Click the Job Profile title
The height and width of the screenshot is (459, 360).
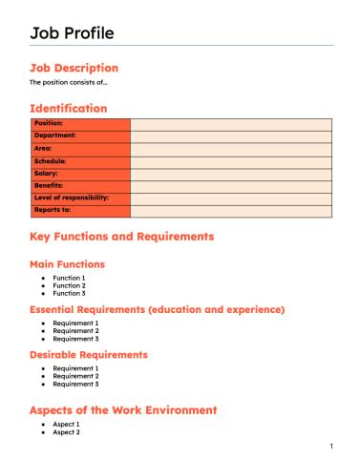click(x=72, y=33)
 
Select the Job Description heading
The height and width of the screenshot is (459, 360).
click(x=74, y=68)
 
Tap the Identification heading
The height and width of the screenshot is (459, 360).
click(x=69, y=109)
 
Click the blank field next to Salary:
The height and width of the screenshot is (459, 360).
click(x=230, y=174)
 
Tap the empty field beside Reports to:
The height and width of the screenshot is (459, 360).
click(x=230, y=210)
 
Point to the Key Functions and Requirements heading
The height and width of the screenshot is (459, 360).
click(x=122, y=237)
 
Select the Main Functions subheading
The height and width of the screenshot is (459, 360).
click(x=68, y=264)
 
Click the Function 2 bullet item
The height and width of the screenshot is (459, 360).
click(x=69, y=285)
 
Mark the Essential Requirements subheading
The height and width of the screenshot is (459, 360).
click(x=158, y=310)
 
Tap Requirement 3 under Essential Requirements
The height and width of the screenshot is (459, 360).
click(x=75, y=339)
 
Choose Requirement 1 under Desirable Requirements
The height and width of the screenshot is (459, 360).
click(x=75, y=368)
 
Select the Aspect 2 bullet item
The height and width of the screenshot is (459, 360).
click(x=66, y=432)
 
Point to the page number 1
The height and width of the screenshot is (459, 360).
click(x=330, y=447)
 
